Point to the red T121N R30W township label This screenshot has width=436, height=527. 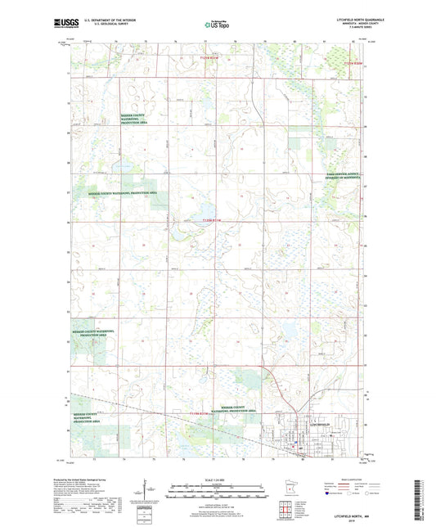pos(353,62)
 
